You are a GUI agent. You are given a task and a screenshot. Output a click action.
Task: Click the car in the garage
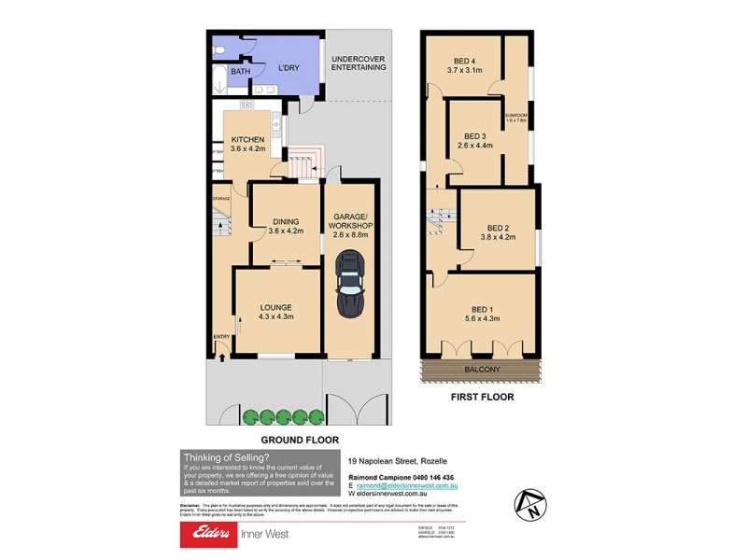(351, 287)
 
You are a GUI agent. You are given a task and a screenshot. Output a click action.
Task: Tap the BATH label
(241, 72)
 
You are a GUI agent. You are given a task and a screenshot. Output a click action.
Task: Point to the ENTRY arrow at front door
(221, 354)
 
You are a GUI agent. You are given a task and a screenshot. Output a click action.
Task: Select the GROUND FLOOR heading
(298, 439)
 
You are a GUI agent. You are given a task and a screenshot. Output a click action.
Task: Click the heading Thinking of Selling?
(227, 457)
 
